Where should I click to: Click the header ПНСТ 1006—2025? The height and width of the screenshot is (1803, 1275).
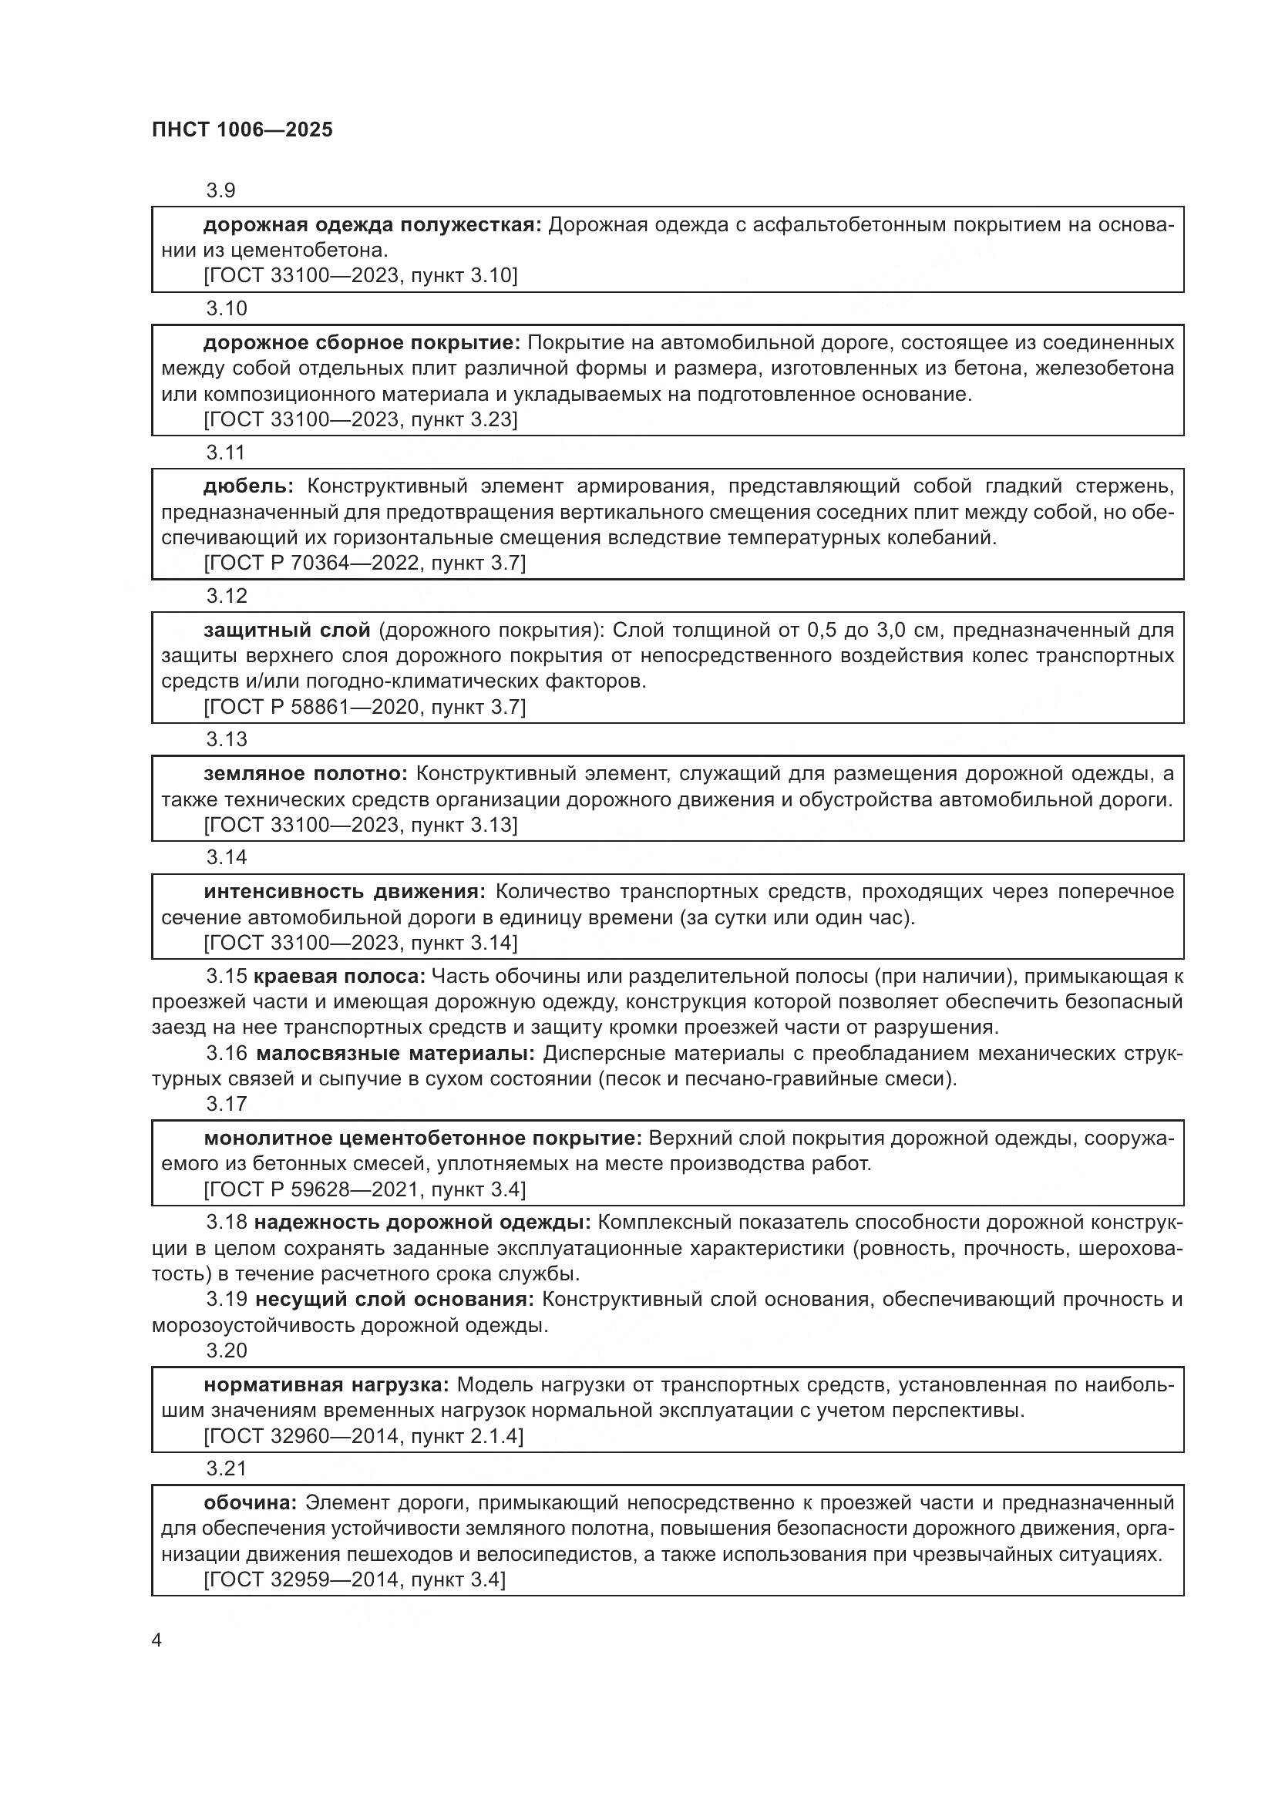click(242, 130)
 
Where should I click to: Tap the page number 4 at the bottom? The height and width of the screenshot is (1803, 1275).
click(157, 1640)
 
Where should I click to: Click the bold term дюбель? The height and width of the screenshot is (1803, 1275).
click(248, 486)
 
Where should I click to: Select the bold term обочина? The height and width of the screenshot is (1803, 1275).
click(250, 1502)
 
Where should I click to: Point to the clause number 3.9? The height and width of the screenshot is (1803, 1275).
click(220, 190)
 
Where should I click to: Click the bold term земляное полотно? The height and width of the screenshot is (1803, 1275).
click(305, 773)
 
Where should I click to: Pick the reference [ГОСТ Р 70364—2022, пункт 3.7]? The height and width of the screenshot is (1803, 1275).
click(365, 563)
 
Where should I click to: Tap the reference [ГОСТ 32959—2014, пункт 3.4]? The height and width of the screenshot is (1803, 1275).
click(354, 1579)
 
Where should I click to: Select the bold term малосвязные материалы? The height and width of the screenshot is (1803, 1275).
click(395, 1052)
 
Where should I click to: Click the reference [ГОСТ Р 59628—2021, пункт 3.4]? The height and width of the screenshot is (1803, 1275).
click(365, 1189)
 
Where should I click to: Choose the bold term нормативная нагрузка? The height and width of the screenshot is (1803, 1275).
click(326, 1384)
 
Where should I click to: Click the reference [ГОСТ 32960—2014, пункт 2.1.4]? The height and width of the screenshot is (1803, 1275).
click(363, 1435)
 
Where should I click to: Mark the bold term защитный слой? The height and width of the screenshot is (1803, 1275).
click(287, 630)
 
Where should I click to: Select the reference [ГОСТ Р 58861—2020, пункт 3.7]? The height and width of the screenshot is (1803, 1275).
click(365, 707)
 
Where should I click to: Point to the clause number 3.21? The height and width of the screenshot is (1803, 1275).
click(226, 1468)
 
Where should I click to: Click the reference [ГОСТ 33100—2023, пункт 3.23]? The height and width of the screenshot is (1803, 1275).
click(360, 419)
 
